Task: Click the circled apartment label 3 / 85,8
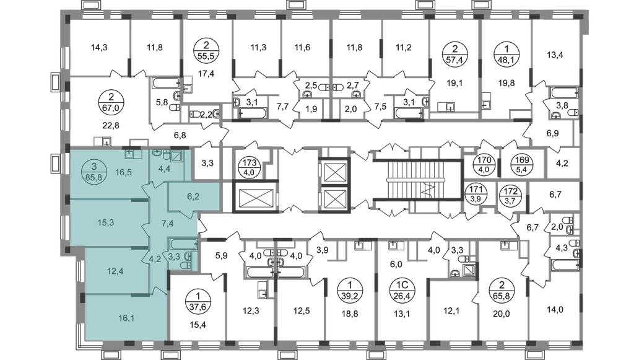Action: click(94, 172)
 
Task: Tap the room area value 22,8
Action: click(111, 125)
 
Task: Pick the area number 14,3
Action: click(99, 48)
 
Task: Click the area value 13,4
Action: click(555, 55)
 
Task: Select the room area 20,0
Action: click(502, 314)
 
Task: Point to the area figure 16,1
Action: click(126, 318)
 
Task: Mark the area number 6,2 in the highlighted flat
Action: click(194, 196)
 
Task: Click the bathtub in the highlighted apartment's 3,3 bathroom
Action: click(183, 245)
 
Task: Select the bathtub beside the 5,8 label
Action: click(166, 83)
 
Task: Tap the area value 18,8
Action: click(350, 314)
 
